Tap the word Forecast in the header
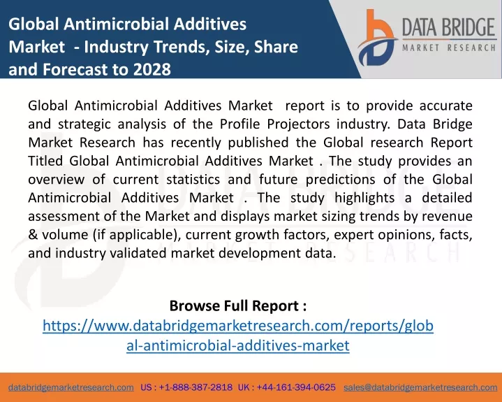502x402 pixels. coord(75,69)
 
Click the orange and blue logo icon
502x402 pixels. coord(377,38)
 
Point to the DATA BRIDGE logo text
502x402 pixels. coord(449,27)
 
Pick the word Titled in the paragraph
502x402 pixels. coord(45,161)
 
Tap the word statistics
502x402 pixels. coord(193,180)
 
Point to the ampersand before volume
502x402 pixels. coord(33,235)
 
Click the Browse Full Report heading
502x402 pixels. coord(238,306)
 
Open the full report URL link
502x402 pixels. coord(238,336)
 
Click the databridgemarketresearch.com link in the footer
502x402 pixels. coord(71,387)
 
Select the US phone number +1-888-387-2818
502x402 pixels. coord(195,387)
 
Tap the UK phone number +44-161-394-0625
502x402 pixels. coord(296,387)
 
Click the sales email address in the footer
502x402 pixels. coord(420,387)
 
